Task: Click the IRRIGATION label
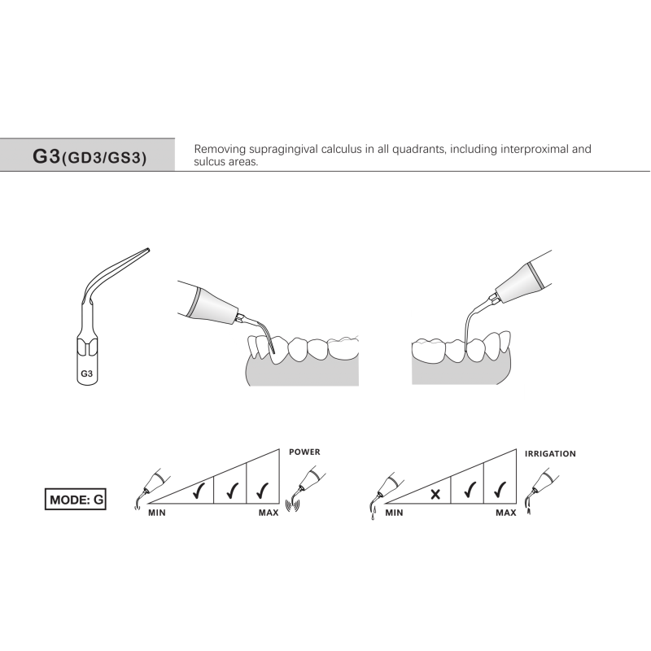(x=550, y=453)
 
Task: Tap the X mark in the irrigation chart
(x=435, y=493)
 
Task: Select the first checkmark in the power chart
(x=197, y=492)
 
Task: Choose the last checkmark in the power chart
(x=261, y=492)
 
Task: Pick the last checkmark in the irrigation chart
(x=499, y=492)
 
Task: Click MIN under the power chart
(x=157, y=513)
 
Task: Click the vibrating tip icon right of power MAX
(x=307, y=488)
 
